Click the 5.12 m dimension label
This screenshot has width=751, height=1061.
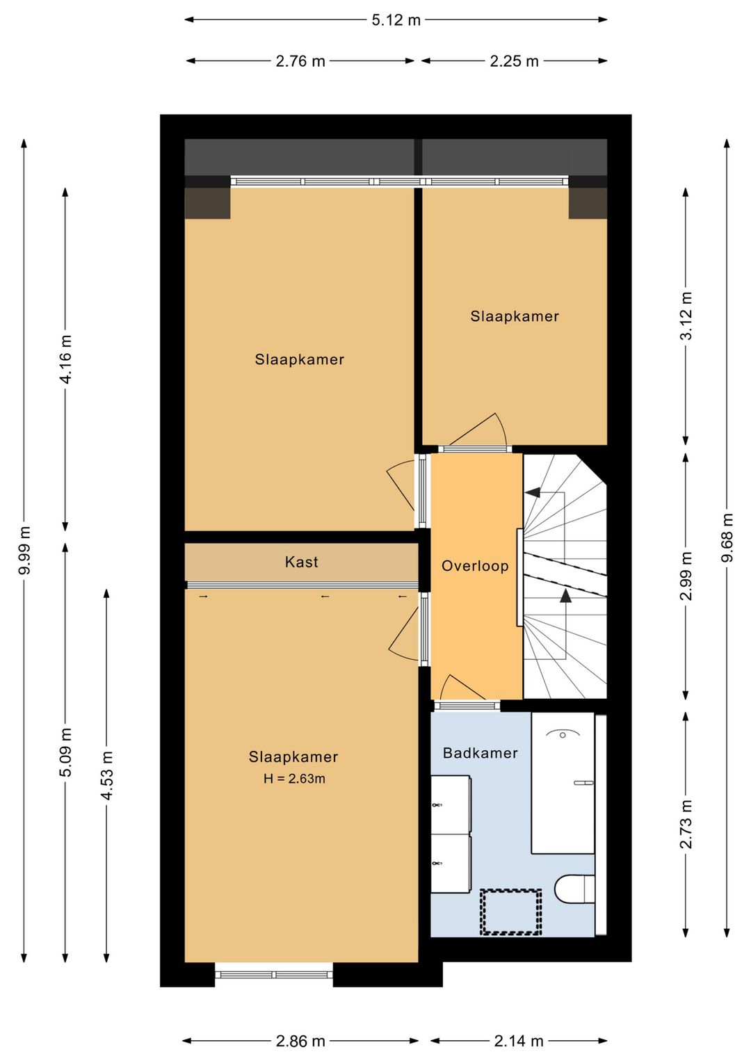pyautogui.click(x=396, y=20)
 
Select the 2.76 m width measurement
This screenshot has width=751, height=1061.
pyautogui.click(x=300, y=61)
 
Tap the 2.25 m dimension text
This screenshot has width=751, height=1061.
pyautogui.click(x=514, y=61)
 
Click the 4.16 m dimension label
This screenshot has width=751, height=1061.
pyautogui.click(x=65, y=359)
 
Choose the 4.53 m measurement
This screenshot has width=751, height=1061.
pyautogui.click(x=106, y=775)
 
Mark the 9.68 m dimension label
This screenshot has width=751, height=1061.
pyautogui.click(x=727, y=537)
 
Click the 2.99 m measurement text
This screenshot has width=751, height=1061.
pyautogui.click(x=686, y=576)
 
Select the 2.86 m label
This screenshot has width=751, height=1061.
pyautogui.click(x=300, y=1041)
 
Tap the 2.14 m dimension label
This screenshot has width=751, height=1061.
pyautogui.click(x=518, y=1041)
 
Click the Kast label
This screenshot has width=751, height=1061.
pyautogui.click(x=301, y=562)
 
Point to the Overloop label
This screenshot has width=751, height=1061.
pyautogui.click(x=475, y=565)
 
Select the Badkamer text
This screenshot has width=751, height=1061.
pyautogui.click(x=480, y=753)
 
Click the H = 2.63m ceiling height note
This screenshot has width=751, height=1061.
pyautogui.click(x=294, y=779)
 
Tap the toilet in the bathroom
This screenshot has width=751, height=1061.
pyautogui.click(x=574, y=889)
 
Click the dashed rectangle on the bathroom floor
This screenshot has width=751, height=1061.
pyautogui.click(x=511, y=912)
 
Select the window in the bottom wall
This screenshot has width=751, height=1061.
pyautogui.click(x=274, y=974)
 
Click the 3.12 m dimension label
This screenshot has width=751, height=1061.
pyautogui.click(x=686, y=316)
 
